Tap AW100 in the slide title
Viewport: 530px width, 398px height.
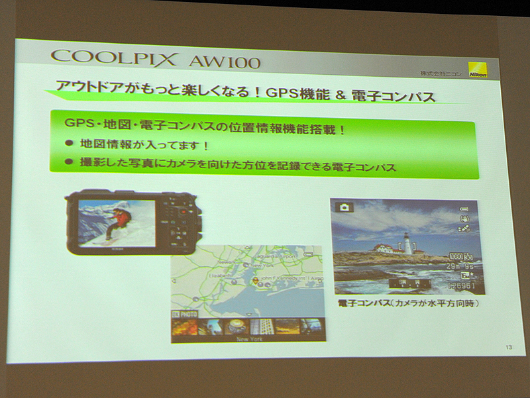click(224, 62)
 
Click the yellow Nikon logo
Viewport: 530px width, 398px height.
click(478, 71)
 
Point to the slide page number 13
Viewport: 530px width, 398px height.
click(509, 348)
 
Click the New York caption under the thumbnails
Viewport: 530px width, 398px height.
click(248, 338)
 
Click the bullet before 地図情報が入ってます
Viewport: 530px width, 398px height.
click(68, 144)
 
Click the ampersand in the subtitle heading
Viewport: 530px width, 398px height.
click(341, 97)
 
